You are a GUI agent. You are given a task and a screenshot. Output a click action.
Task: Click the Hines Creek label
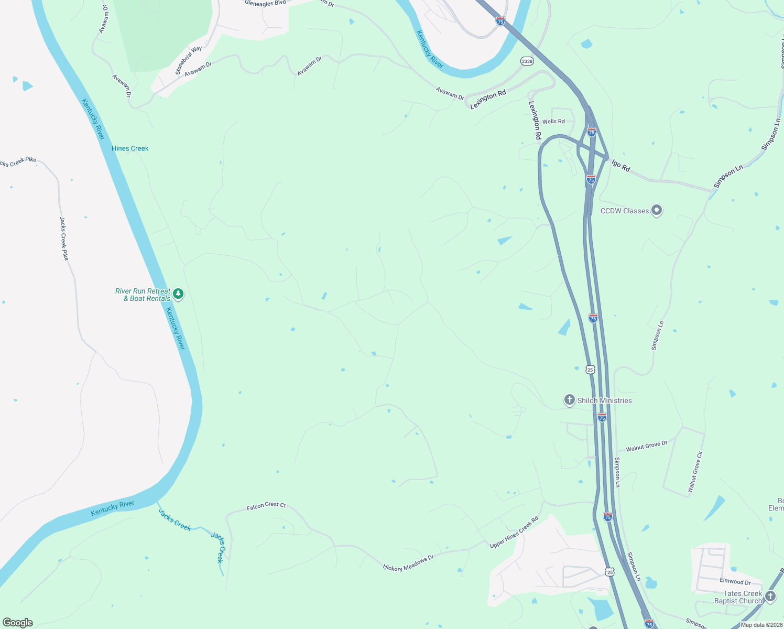tap(130, 148)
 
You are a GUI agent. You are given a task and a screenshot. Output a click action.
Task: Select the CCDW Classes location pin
tap(657, 210)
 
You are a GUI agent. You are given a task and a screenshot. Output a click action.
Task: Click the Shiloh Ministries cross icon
tap(569, 400)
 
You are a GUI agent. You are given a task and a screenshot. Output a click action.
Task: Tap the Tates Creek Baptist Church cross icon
tap(770, 596)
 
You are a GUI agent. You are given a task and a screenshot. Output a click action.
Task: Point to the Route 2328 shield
tap(527, 61)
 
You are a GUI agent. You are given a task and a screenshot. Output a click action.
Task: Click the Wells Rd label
tap(553, 121)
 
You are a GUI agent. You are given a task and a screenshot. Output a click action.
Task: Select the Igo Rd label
tap(620, 166)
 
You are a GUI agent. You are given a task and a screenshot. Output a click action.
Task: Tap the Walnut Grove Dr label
tap(647, 446)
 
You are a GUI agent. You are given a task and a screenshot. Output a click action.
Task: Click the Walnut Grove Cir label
tap(695, 472)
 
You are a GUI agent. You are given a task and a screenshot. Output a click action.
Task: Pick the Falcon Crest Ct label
tap(266, 506)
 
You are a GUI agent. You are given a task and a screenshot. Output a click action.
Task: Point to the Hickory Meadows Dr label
tap(408, 563)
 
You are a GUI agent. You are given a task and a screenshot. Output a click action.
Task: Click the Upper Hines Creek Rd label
tap(514, 533)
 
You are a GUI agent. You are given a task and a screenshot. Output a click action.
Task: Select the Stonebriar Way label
tap(189, 60)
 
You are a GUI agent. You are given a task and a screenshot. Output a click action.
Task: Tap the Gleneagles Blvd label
tap(265, 3)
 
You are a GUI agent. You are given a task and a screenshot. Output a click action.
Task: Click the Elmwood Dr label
tap(735, 581)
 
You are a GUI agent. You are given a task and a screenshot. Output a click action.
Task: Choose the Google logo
tap(18, 623)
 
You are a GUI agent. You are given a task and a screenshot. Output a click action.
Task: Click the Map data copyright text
tap(761, 625)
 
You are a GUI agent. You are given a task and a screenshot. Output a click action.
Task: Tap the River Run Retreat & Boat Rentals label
tap(143, 295)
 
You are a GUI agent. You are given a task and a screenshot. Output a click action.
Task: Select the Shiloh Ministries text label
tap(604, 400)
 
